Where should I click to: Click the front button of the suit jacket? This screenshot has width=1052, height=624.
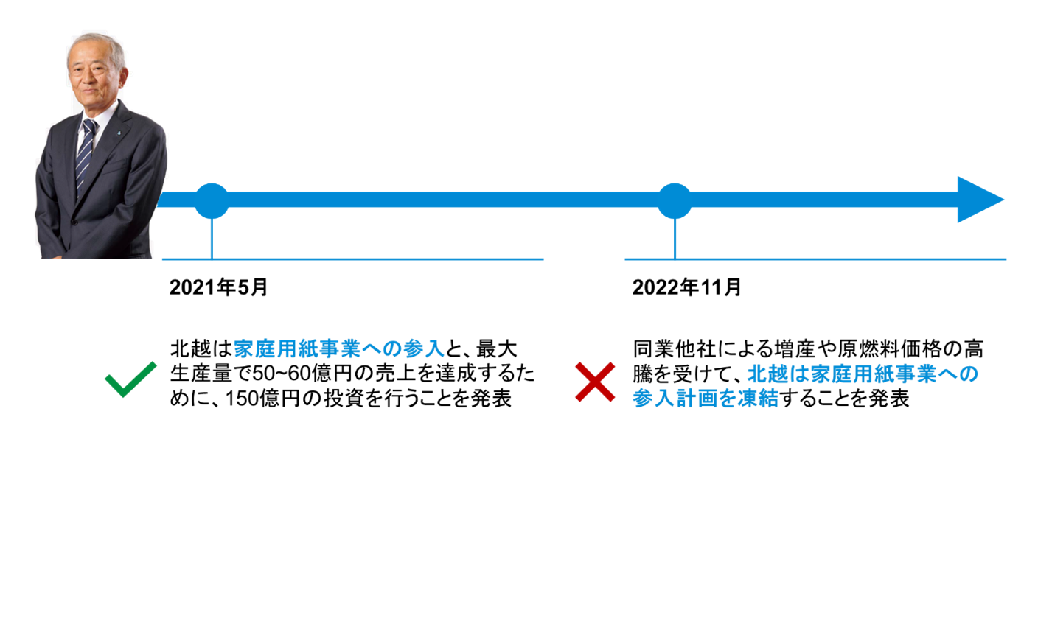pos(74,222)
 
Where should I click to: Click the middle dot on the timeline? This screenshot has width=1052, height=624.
pos(674,200)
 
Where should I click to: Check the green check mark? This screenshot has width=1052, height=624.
pos(131,380)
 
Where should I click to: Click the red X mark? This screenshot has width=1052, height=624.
pos(591,382)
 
